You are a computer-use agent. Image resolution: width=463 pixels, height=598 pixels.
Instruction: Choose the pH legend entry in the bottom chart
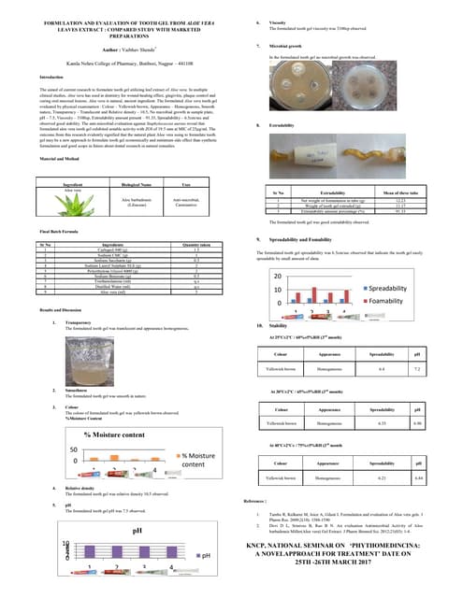pyautogui.click(x=205, y=555)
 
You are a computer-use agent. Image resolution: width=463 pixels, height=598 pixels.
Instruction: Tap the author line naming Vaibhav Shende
pyautogui.click(x=123, y=45)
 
